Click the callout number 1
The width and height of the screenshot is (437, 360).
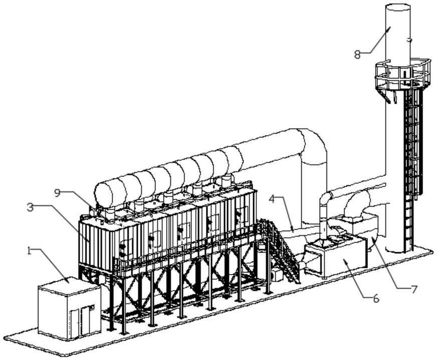coord(29,250)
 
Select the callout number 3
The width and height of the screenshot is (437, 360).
coord(31,207)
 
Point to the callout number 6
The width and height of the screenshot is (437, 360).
coord(375,299)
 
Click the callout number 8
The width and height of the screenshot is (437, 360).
coord(357,55)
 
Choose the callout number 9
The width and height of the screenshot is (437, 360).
coord(58,193)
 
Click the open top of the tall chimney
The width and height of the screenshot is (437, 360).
coord(398,8)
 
